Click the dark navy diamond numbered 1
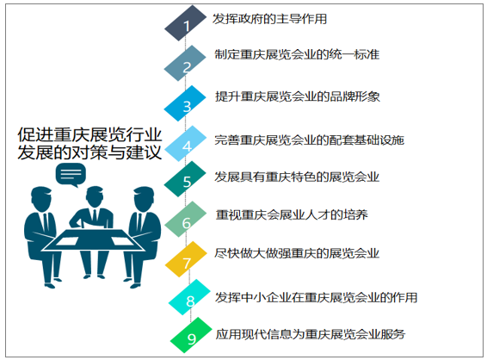[x=185, y=22]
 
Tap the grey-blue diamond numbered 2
[x=185, y=63]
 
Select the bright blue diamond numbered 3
[x=185, y=103]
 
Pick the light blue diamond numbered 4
[x=186, y=143]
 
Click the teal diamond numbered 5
[x=185, y=179]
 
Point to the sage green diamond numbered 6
[x=186, y=219]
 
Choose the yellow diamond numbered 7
[x=186, y=259]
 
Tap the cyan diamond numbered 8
[x=190, y=297]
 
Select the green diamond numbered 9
[x=191, y=335]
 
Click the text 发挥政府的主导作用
[x=269, y=19]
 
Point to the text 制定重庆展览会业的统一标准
[x=297, y=54]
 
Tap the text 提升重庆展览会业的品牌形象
[x=297, y=96]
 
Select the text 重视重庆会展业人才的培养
[x=292, y=214]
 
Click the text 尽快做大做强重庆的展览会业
[x=297, y=253]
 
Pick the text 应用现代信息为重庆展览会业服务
[x=311, y=334]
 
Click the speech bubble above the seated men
[x=71, y=175]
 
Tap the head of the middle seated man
[x=94, y=196]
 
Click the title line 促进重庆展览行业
[x=89, y=135]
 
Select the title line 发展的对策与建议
[x=89, y=152]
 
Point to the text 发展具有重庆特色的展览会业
[x=297, y=177]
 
